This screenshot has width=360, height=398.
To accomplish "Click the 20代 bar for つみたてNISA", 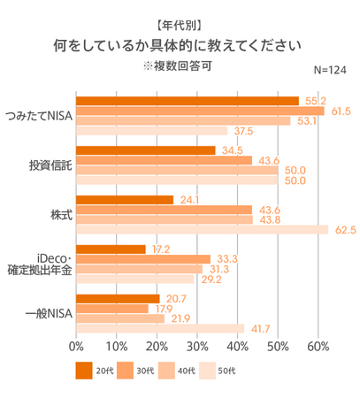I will tap(188, 101).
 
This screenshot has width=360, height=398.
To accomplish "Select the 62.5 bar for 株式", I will tap(203, 230).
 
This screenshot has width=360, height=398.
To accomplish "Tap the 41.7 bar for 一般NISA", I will tap(160, 328).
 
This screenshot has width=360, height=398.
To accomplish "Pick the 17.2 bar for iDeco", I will tap(111, 249).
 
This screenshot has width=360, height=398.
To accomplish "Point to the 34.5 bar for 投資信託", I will tap(146, 150).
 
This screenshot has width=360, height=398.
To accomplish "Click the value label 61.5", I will tap(341, 111).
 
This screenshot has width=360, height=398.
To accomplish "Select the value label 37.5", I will tap(243, 132).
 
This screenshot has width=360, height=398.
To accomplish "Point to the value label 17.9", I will tap(163, 309).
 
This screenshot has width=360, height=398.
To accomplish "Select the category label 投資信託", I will tap(50, 165).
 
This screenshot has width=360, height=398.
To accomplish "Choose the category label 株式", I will tap(61, 215).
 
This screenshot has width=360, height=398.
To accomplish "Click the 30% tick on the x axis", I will tap(197, 346).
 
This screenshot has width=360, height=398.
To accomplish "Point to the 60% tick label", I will tap(318, 346).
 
